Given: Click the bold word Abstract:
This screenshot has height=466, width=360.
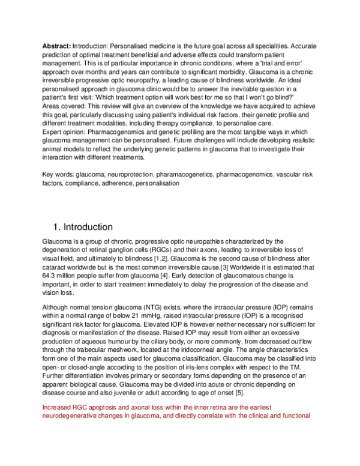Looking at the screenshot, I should click(x=56, y=46).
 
